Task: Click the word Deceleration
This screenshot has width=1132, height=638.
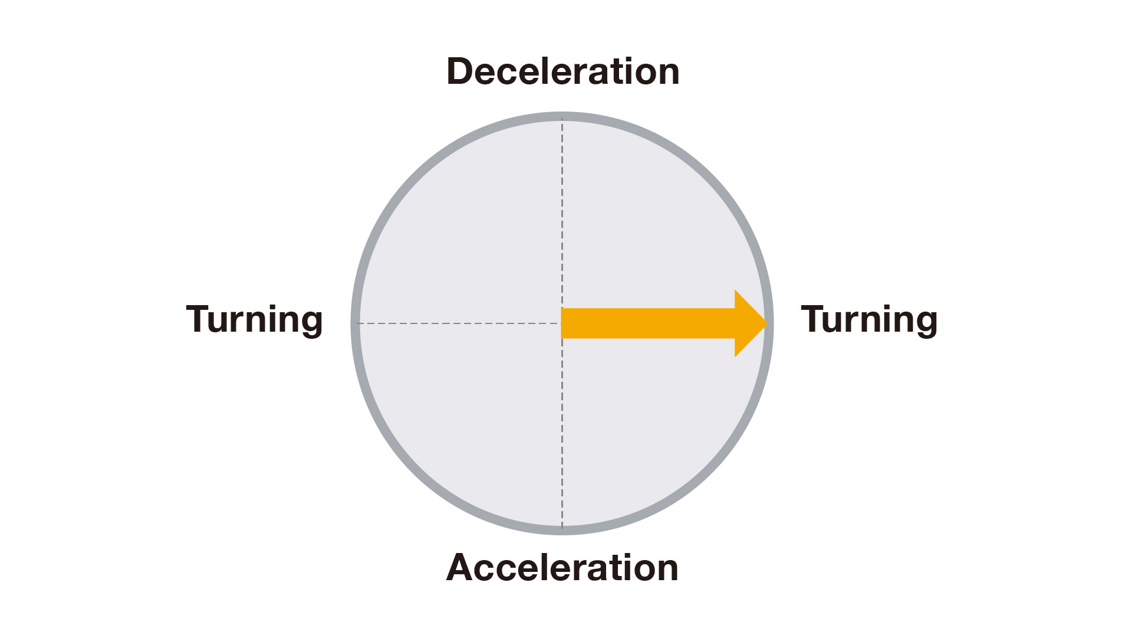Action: point(563,72)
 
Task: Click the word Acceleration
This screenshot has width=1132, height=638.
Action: point(562,568)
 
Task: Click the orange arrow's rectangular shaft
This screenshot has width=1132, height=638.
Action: point(649,323)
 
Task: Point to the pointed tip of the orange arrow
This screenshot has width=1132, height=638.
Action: point(766,323)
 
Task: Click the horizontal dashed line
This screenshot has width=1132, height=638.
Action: point(460,323)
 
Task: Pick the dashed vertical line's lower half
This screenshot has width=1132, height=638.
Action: point(562,437)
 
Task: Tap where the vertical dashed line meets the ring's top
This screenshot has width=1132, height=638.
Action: point(562,117)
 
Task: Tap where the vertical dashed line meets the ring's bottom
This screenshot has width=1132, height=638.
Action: point(562,530)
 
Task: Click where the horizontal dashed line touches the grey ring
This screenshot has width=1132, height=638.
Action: point(356,323)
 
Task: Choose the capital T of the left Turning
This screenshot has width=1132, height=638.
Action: point(198,319)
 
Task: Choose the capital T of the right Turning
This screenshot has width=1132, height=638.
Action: point(812,319)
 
